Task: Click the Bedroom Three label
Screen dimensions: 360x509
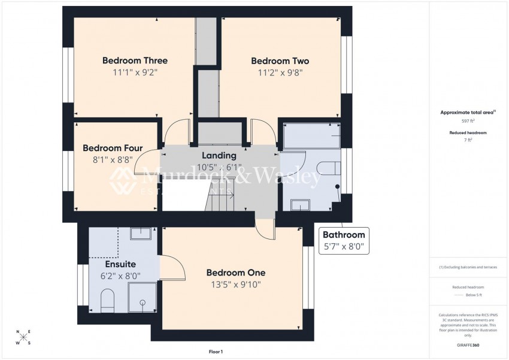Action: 135,60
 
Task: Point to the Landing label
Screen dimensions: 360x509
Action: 219,156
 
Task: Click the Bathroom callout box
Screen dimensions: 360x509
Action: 344,240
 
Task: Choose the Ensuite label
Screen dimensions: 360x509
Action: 120,264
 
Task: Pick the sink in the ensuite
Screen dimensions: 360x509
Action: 141,234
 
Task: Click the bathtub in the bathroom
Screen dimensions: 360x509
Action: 310,135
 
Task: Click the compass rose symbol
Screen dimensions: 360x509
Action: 23,338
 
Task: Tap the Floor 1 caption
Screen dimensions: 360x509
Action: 216,352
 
